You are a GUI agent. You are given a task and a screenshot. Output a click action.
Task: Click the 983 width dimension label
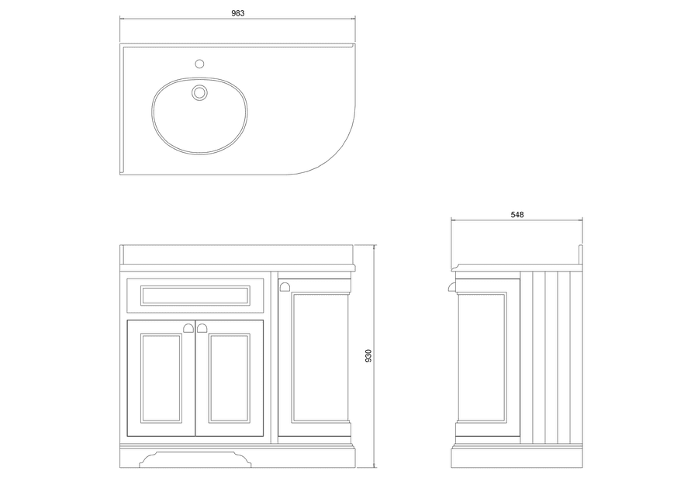tap(237, 13)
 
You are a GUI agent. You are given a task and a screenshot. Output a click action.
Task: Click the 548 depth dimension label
tap(517, 215)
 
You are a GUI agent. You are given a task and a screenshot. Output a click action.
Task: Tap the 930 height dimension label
tap(368, 356)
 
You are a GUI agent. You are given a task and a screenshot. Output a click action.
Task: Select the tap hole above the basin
tap(199, 64)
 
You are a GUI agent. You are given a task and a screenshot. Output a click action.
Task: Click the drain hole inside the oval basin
tap(199, 92)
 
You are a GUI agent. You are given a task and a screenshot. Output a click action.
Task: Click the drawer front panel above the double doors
tap(195, 296)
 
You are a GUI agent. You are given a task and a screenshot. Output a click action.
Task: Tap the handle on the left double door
tap(188, 328)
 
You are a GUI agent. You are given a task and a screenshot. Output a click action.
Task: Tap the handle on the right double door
tap(202, 328)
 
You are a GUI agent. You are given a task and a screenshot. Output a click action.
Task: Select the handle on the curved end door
tap(285, 287)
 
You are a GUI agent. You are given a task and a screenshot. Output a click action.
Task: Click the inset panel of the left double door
tap(161, 378)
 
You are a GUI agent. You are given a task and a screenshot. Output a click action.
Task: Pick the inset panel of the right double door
tap(229, 378)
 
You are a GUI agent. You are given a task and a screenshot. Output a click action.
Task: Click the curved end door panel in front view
tap(320, 358)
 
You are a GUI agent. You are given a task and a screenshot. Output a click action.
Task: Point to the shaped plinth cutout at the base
tap(195, 459)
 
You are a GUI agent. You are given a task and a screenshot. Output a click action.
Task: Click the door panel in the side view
tap(482, 358)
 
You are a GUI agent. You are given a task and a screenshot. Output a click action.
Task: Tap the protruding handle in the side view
tap(452, 287)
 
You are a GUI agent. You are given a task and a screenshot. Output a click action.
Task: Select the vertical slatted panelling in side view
tap(551, 357)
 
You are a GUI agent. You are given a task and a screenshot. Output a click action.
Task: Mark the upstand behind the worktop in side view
tap(581, 254)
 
